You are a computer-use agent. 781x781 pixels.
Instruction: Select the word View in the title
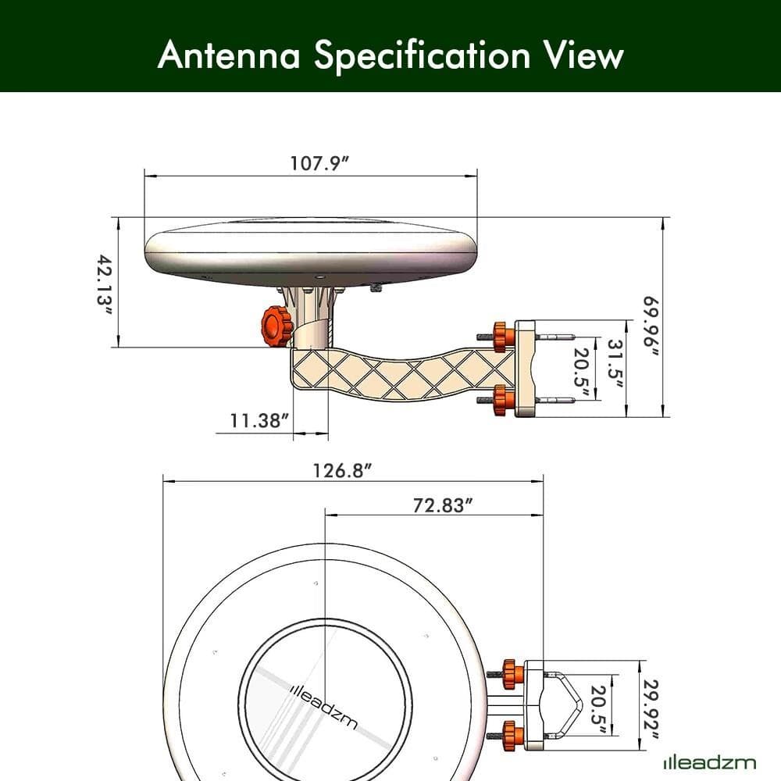point(581,55)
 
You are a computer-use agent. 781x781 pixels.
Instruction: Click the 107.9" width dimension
point(319,163)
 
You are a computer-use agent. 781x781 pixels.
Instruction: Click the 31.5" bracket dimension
point(615,367)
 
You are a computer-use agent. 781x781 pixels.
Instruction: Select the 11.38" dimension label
point(259,421)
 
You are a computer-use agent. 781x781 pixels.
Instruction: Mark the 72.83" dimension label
point(444,505)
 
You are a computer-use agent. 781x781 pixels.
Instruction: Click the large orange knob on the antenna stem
point(276,326)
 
